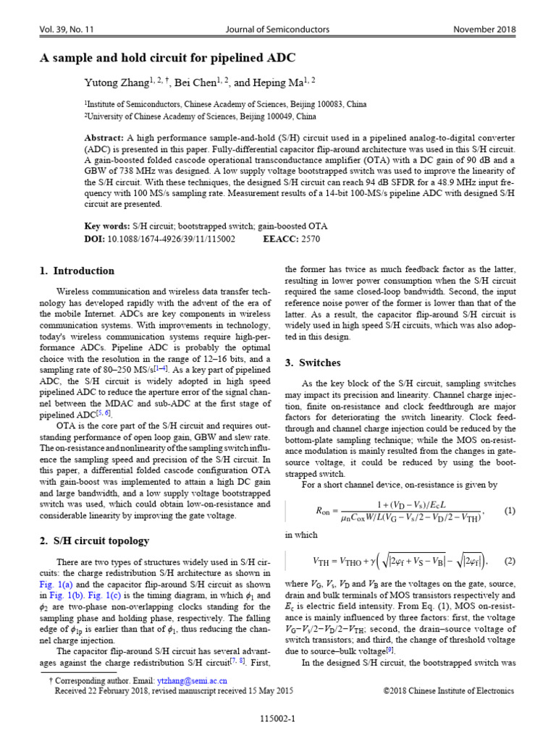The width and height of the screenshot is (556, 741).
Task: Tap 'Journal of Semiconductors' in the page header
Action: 278,30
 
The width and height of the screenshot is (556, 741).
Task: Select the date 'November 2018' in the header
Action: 484,30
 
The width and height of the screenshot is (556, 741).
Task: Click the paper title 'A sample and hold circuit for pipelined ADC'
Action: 167,57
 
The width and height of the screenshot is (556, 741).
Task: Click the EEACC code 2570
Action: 310,238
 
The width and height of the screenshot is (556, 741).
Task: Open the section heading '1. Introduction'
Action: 76,271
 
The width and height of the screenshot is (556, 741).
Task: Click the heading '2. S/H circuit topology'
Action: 94,541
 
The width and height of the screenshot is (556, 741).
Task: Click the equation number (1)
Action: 510,511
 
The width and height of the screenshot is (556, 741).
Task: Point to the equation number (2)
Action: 510,560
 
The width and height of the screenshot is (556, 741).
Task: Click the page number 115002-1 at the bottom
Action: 278,720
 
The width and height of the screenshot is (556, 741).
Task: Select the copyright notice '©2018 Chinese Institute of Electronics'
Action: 448,691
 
